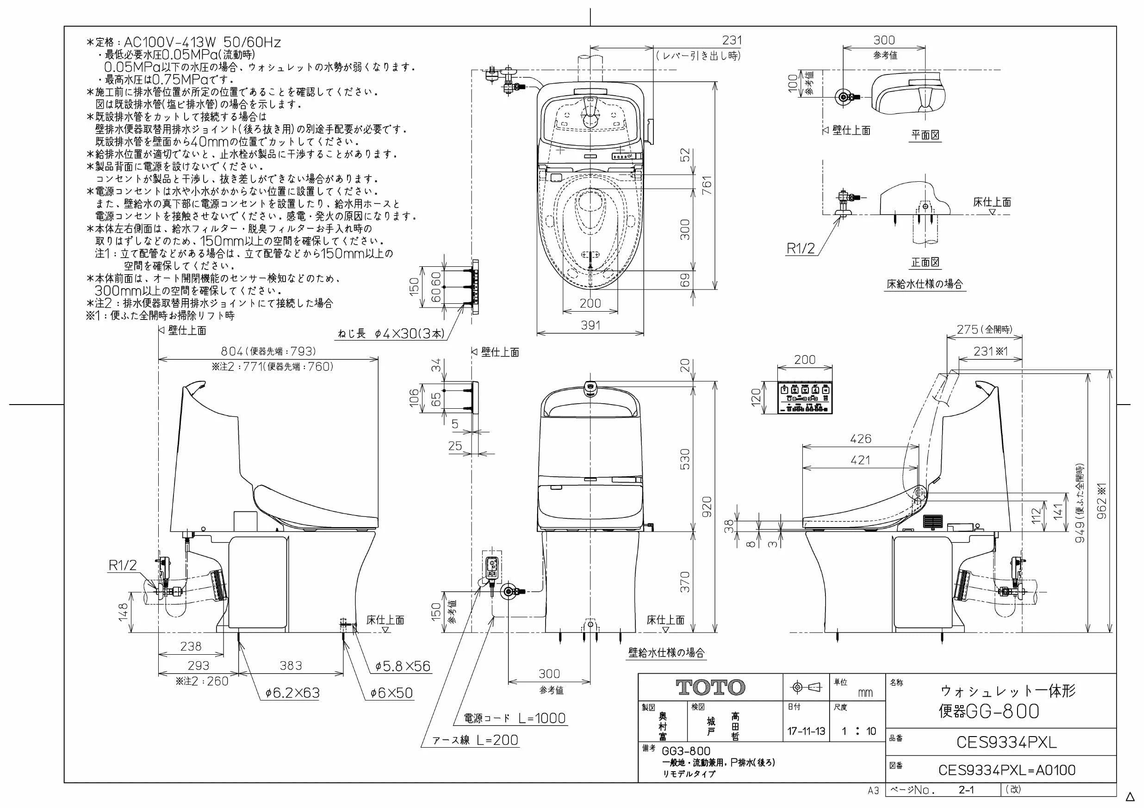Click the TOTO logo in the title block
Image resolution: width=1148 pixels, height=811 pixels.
tap(710, 687)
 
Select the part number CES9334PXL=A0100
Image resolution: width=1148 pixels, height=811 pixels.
tap(1006, 770)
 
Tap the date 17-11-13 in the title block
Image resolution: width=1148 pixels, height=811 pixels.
tap(806, 731)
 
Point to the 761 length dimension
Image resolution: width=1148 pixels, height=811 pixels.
tap(707, 185)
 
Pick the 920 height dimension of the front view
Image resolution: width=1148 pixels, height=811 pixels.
tap(707, 507)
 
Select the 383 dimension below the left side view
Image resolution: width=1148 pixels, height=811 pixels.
tap(291, 666)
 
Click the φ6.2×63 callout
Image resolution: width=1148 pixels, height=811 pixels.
tap(292, 693)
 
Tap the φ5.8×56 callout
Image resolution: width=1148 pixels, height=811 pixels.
tap(403, 666)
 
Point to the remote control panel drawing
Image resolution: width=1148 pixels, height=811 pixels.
tap(805, 398)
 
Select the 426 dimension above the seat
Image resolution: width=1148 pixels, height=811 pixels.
tap(860, 438)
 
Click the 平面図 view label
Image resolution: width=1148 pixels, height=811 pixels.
tap(925, 135)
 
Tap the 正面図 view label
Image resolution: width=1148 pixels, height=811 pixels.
tap(925, 262)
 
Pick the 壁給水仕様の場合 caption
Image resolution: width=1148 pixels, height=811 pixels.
tap(666, 652)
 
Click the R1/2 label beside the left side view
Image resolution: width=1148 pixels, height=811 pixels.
tap(123, 565)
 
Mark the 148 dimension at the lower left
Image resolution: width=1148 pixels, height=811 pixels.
tap(123, 612)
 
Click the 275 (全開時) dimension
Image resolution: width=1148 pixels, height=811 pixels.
tap(985, 329)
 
